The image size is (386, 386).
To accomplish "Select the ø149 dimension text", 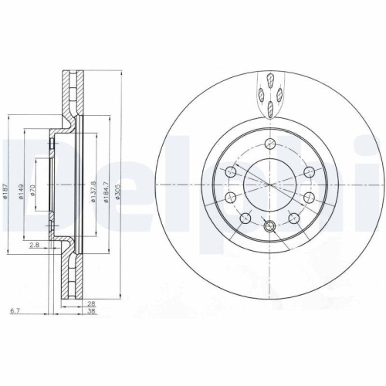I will coord(22,190).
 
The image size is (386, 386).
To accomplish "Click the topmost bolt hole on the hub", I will coord(269,143).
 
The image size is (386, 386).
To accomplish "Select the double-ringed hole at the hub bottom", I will coord(269,226).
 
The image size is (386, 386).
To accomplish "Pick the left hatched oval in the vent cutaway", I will coord(261,95).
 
